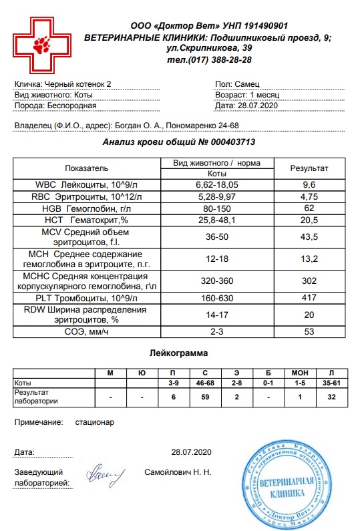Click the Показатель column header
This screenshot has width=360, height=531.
[x=86, y=168]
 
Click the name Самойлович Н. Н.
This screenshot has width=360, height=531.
[x=178, y=472]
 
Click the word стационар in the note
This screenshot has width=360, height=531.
[x=96, y=423]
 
